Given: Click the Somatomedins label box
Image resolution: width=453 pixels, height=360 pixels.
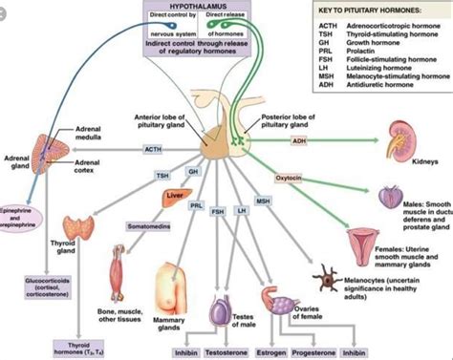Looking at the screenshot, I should pos(143,225).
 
